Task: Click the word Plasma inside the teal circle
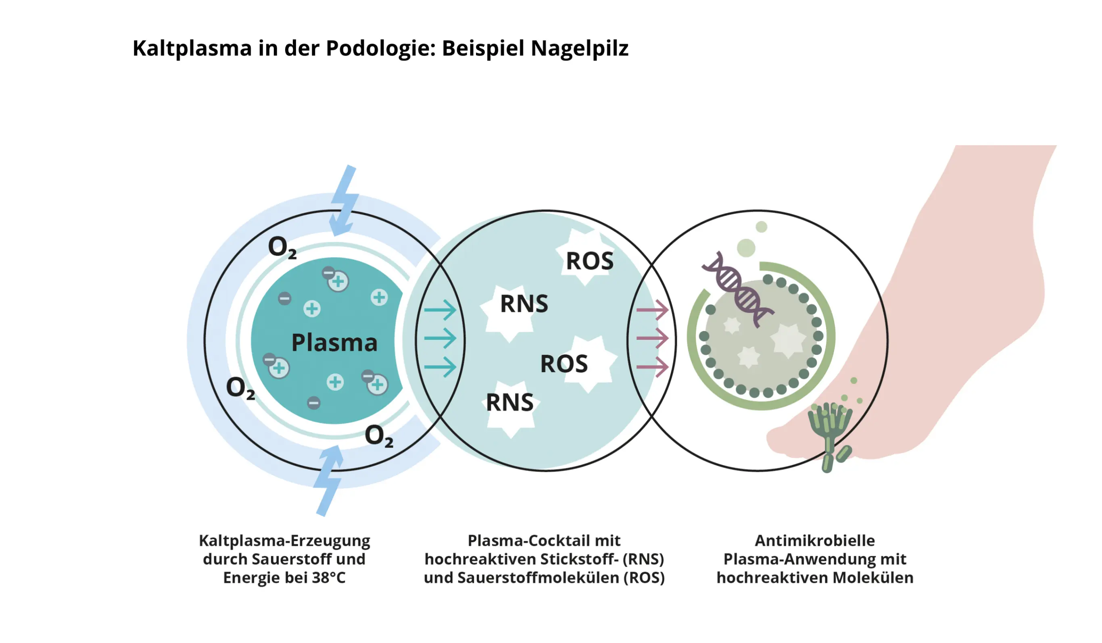[334, 343]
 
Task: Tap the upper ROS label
[589, 261]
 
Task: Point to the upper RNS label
[524, 304]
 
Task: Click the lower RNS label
[509, 403]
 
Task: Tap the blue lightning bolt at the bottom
[329, 481]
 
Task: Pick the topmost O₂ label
[282, 248]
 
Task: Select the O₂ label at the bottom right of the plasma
[379, 436]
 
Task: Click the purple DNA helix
[738, 290]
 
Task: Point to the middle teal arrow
[440, 338]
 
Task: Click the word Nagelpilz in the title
[579, 48]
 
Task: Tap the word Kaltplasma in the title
[192, 48]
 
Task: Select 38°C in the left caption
[328, 578]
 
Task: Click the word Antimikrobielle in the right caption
[815, 541]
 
